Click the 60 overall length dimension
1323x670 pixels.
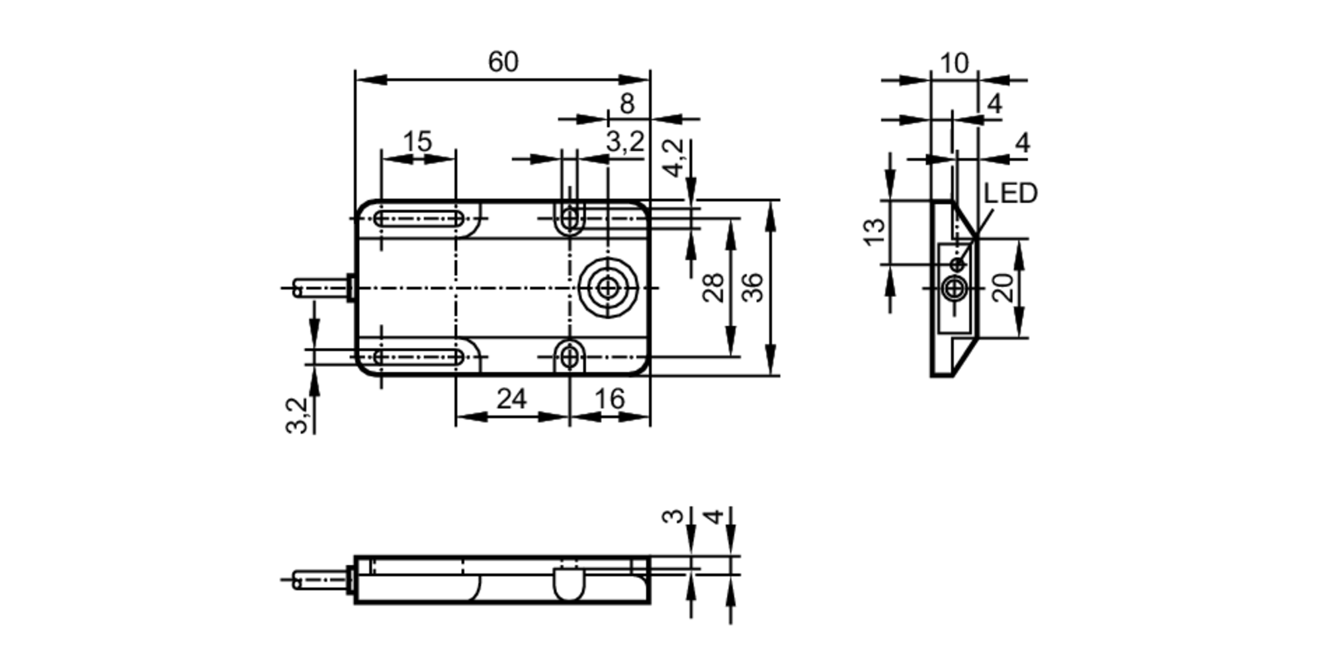pos(503,62)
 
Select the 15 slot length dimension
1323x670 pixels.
pos(417,142)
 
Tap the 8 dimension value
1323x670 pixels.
pos(626,104)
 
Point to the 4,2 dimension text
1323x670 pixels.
pos(673,158)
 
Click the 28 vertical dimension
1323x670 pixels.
pos(713,288)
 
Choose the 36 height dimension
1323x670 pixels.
pos(752,288)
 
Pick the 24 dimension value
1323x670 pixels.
pos(511,399)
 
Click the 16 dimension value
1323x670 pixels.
pos(609,399)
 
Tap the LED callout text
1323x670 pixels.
pos(1010,193)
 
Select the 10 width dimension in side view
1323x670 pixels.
pos(953,63)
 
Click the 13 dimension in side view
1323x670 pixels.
pos(875,231)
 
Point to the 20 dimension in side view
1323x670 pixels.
pos(1003,288)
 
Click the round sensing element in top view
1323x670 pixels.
pos(607,288)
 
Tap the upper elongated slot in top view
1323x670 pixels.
pos(419,219)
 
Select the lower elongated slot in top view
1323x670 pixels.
pos(419,357)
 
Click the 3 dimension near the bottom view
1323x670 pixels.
pos(673,516)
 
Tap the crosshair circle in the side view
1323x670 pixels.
pos(954,288)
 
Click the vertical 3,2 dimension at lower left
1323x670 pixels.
pos(297,415)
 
